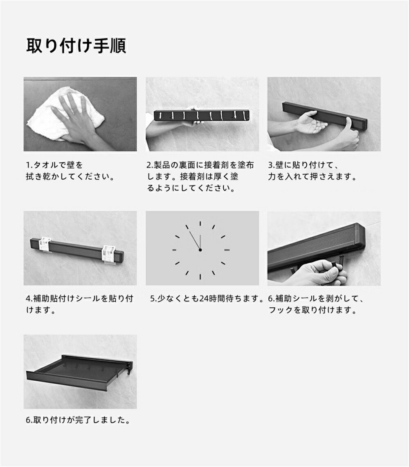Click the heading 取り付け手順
(x=76, y=46)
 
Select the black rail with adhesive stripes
(x=202, y=115)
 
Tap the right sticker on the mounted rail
(x=108, y=255)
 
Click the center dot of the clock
(x=200, y=250)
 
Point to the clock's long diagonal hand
(x=195, y=240)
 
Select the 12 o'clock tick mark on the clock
(x=200, y=223)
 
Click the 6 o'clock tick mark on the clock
(x=200, y=276)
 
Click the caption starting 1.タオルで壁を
(x=70, y=171)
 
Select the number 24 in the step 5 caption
(x=204, y=298)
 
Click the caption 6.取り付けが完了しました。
(x=78, y=420)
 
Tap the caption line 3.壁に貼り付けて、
(x=304, y=165)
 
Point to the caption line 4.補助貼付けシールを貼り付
(x=80, y=298)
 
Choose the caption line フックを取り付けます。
(x=313, y=310)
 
